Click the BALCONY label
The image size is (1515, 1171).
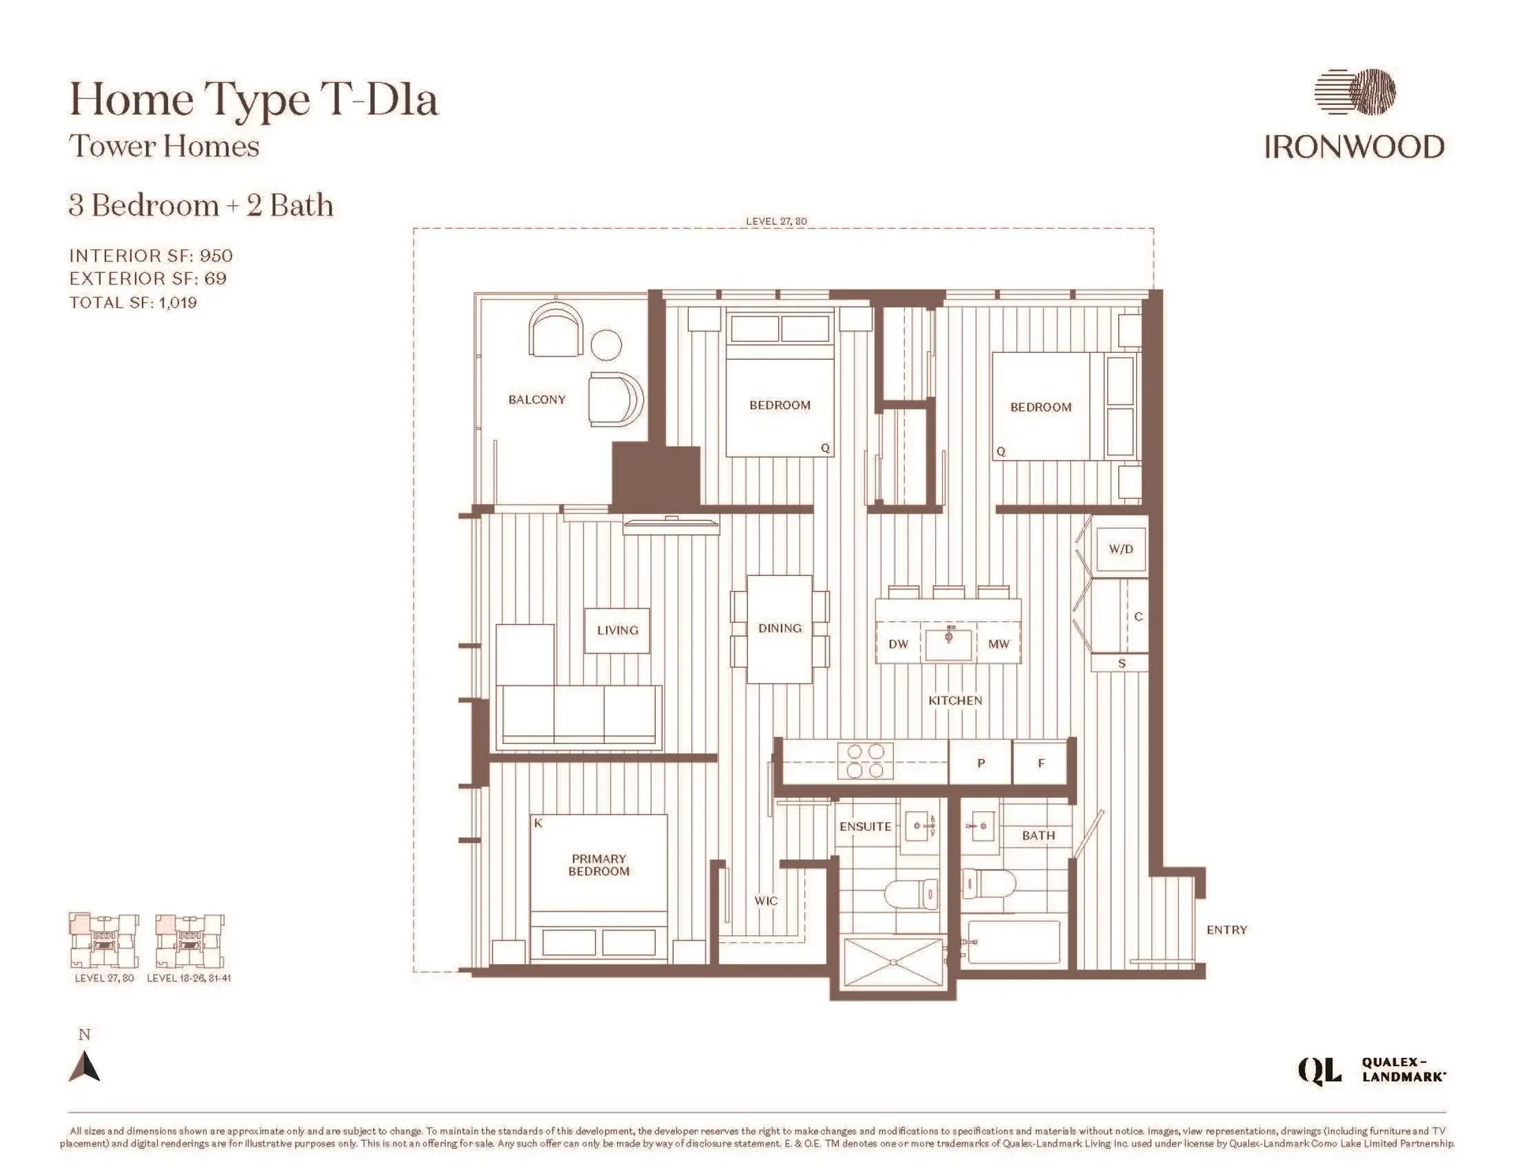[537, 399]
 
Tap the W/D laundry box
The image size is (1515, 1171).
[1120, 549]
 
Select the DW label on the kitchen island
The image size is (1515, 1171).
[898, 644]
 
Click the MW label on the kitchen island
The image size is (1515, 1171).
[998, 644]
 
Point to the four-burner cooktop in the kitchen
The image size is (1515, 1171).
[866, 761]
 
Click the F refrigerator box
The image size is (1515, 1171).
[1040, 763]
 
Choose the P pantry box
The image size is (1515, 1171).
[980, 763]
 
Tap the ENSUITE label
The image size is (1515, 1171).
[865, 826]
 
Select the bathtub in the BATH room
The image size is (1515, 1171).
[1013, 942]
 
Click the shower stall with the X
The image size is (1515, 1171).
[893, 961]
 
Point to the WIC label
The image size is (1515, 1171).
[765, 900]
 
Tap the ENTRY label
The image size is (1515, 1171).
[1226, 930]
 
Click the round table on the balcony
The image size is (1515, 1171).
[606, 345]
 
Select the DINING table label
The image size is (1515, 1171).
[780, 628]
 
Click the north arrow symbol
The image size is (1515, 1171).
[85, 1066]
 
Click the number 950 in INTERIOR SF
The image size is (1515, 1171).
[216, 256]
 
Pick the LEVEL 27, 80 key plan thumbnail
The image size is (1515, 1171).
[103, 941]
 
